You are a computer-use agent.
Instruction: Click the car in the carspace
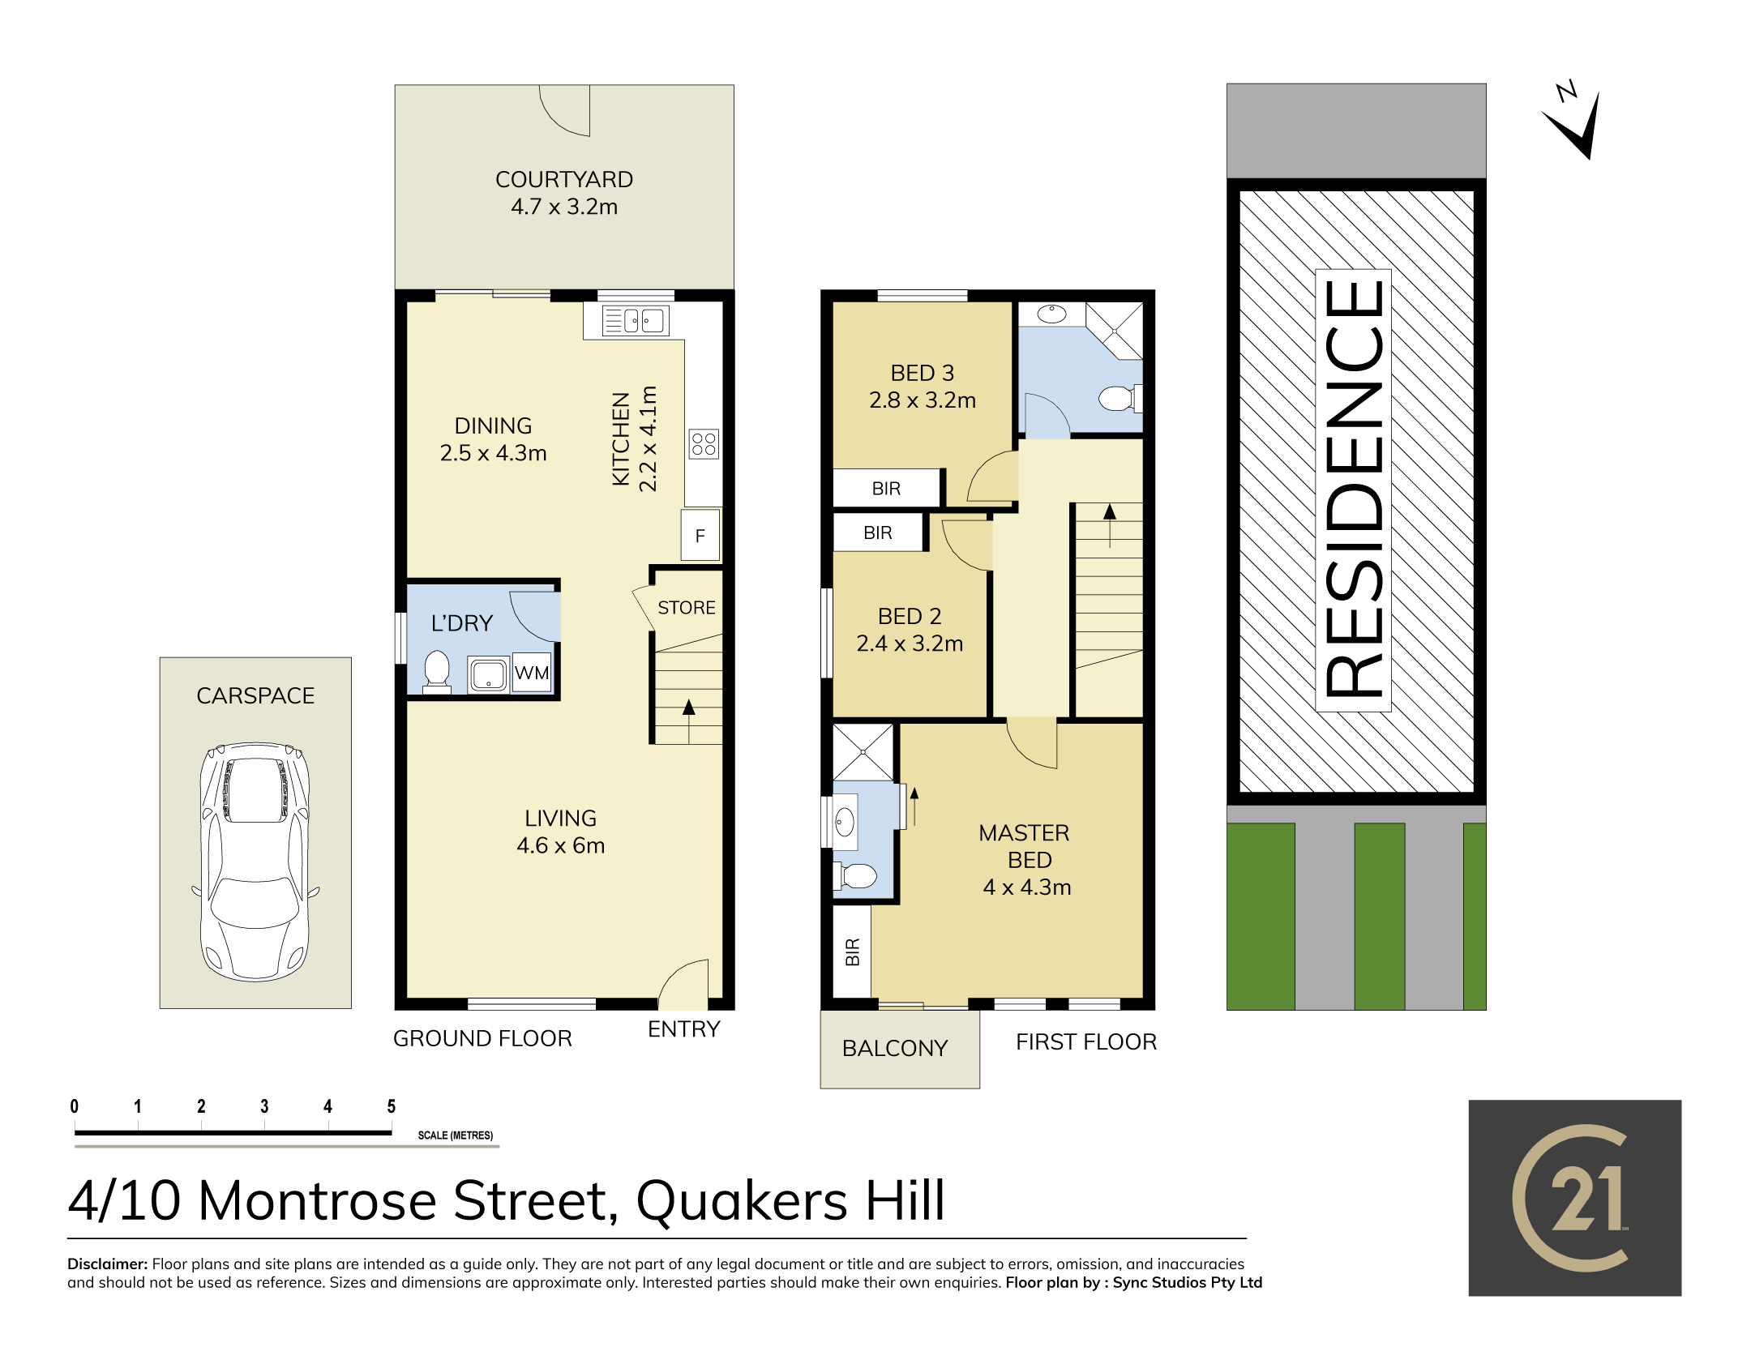point(255,862)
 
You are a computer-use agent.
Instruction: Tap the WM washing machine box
point(532,673)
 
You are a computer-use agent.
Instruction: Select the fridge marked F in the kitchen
point(700,535)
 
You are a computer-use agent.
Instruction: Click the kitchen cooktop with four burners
point(704,444)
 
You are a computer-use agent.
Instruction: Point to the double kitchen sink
point(636,321)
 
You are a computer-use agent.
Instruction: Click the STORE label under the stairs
point(687,608)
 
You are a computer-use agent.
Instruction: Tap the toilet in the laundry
point(437,671)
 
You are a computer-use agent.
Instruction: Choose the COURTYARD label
point(564,179)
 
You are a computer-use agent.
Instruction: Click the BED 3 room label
point(923,373)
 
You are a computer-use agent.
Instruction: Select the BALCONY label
point(895,1048)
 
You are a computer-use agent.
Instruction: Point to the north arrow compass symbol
point(1573,120)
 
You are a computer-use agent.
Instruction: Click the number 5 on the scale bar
point(392,1106)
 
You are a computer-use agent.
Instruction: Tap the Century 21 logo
point(1575,1198)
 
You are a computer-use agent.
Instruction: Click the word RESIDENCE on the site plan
point(1353,489)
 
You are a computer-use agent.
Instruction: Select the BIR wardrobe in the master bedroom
point(852,951)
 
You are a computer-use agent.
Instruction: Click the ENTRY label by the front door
point(684,1028)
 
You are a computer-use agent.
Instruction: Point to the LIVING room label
point(561,819)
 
